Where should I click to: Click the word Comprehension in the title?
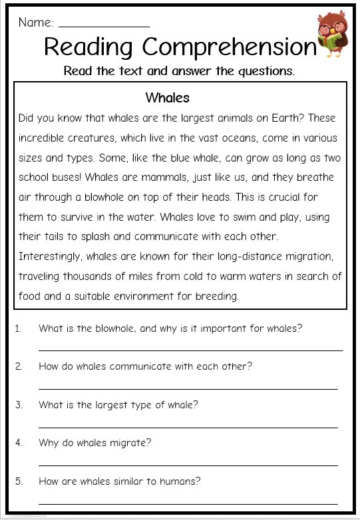coord(229,48)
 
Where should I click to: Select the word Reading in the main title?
coord(89,48)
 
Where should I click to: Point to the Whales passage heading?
coord(167,98)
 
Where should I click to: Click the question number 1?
coord(19,328)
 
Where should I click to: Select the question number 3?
coord(19,404)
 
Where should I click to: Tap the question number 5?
coord(19,481)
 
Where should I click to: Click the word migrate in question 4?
coord(131,443)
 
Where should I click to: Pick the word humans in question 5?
coord(180,481)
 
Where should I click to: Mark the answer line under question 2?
coord(188,388)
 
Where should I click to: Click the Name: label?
coord(36,22)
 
